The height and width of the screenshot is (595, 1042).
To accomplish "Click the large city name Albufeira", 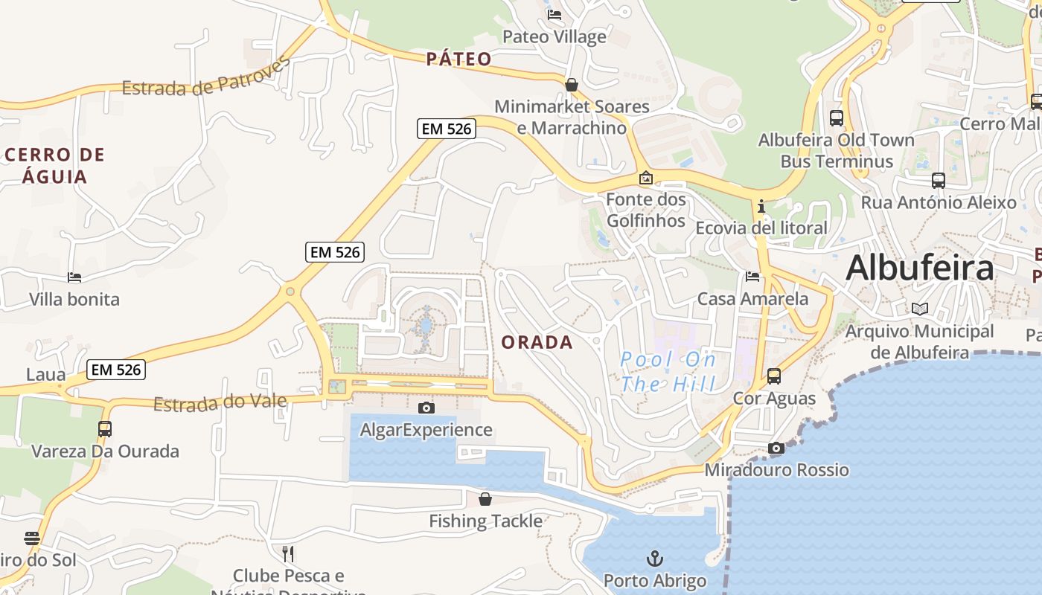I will click(x=919, y=267).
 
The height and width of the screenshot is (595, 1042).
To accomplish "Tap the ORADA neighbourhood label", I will click(x=537, y=342).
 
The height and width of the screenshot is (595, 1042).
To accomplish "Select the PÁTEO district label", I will click(x=459, y=59).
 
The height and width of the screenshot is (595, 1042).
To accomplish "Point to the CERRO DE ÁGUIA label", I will click(x=55, y=165).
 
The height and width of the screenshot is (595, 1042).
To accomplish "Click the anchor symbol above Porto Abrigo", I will click(x=655, y=558).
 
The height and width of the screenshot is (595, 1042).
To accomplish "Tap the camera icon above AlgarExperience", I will click(x=426, y=408).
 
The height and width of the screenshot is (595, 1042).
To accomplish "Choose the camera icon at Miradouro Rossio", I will click(x=776, y=448).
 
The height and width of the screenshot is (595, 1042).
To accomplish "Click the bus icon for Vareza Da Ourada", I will click(x=105, y=428).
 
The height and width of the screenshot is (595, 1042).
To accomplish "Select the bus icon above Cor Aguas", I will click(x=774, y=376).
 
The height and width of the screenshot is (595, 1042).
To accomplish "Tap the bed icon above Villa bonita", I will click(x=74, y=277).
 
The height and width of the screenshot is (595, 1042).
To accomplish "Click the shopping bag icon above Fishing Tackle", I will click(x=485, y=498).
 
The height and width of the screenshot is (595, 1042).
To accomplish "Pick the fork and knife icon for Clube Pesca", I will click(x=288, y=553).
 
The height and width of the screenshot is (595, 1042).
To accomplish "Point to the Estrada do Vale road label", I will click(x=220, y=402).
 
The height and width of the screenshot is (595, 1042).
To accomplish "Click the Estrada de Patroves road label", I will click(x=205, y=80).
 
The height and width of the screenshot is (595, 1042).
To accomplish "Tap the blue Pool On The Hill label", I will click(x=668, y=372).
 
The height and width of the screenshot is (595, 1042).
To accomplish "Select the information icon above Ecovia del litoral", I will click(x=761, y=206).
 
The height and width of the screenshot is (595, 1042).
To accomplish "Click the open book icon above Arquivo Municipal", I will click(x=920, y=309).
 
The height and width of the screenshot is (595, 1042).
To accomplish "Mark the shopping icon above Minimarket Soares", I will click(x=572, y=85).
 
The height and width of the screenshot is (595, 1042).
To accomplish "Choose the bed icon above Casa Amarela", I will click(x=752, y=277).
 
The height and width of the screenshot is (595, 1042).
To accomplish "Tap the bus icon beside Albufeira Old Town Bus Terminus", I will click(x=837, y=118).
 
